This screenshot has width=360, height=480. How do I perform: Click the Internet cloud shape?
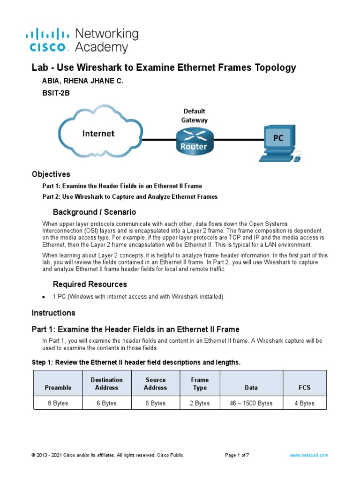(x=98, y=133)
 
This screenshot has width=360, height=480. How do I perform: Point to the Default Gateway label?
(x=194, y=115)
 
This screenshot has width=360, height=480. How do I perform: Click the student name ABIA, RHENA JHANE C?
(x=82, y=81)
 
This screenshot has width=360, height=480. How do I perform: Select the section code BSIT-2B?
(x=56, y=93)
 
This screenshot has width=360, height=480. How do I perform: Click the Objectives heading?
(x=51, y=174)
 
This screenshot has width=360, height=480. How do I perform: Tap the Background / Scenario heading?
(x=94, y=212)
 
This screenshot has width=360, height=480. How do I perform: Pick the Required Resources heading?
(x=90, y=284)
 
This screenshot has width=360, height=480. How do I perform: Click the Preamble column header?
(x=58, y=388)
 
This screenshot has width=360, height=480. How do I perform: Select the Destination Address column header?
(x=107, y=383)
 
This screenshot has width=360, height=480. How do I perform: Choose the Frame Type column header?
(x=200, y=383)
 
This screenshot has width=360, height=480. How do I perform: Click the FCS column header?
(x=304, y=388)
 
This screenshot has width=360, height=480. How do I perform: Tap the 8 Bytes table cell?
(x=58, y=403)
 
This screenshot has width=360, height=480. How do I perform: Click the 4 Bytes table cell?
(x=304, y=403)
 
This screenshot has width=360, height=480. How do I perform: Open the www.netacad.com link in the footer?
(x=308, y=455)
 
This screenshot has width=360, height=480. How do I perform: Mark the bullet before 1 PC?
(x=43, y=297)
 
